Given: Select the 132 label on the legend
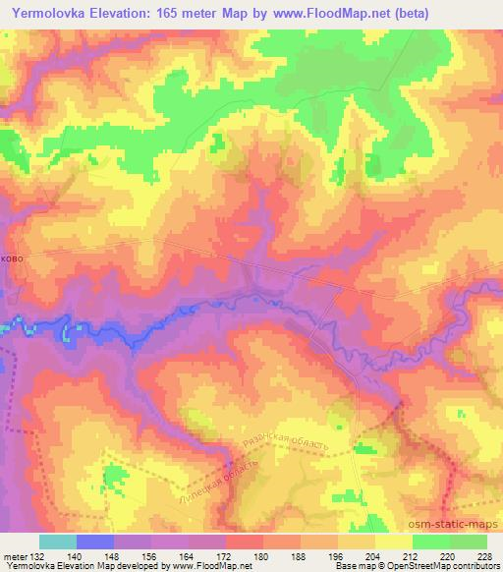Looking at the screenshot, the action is (x=39, y=556).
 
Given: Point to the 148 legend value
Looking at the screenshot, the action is (x=114, y=556).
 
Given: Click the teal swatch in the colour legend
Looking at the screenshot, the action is (x=58, y=542).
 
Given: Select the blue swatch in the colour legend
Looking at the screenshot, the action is (x=95, y=542).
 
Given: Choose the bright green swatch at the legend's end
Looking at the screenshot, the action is (x=468, y=542).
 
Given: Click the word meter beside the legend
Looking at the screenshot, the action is (x=15, y=556).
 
